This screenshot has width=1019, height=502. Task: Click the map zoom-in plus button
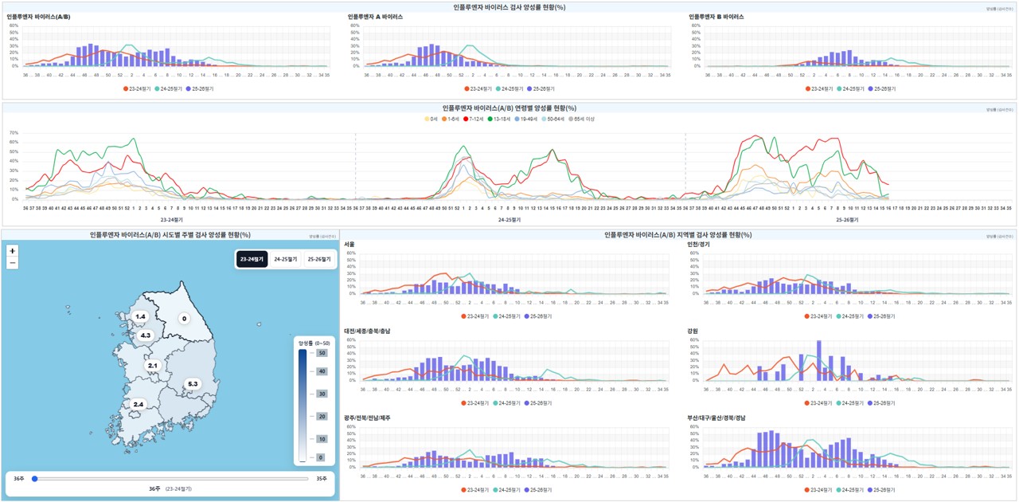click(x=12, y=251)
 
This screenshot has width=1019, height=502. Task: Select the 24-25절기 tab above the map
click(x=285, y=260)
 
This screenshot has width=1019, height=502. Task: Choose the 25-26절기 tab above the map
click(x=318, y=260)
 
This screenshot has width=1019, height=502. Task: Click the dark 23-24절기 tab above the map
click(x=252, y=260)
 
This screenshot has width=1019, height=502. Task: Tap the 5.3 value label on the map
click(x=192, y=384)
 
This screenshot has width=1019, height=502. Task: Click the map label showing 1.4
click(x=140, y=317)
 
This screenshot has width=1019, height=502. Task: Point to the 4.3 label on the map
click(x=145, y=335)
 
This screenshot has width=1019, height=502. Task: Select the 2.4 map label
click(x=138, y=405)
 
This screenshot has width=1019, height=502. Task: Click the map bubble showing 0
click(x=184, y=319)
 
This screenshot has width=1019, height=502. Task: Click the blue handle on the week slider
click(x=34, y=479)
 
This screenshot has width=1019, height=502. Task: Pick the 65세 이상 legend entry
click(x=581, y=119)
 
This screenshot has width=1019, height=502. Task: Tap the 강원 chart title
click(x=693, y=331)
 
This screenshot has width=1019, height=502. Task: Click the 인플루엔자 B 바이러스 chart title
click(x=716, y=16)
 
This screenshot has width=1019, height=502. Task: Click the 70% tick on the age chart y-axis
click(x=14, y=133)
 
